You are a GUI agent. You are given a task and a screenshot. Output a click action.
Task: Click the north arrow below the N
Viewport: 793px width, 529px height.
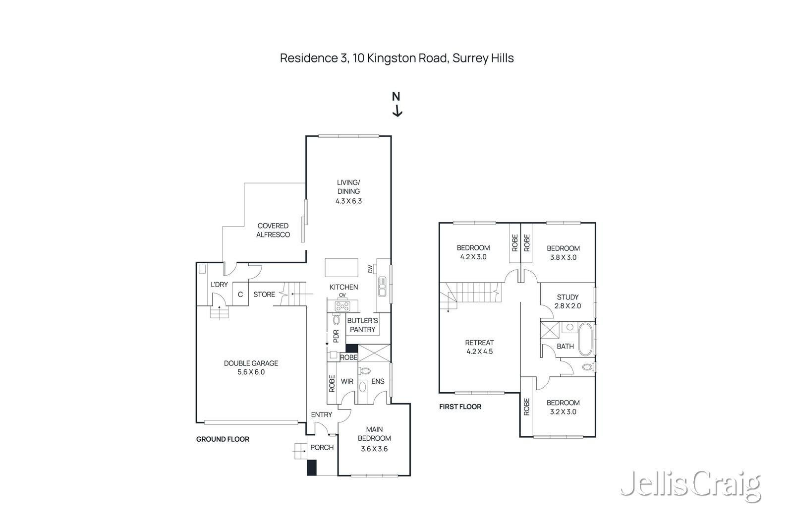396,112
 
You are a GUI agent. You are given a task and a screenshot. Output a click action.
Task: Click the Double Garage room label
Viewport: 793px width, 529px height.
251,367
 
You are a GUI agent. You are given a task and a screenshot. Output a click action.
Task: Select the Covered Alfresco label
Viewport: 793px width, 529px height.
273,230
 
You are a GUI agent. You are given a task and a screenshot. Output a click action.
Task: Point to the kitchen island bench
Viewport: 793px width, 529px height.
341,268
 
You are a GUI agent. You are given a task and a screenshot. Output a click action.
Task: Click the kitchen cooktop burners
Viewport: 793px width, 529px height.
342,306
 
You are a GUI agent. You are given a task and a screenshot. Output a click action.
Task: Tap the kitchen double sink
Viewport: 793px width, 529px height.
382,287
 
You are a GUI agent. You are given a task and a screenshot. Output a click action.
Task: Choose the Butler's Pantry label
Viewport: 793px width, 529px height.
362,325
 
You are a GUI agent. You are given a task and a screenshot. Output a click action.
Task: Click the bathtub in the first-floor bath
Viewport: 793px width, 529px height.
585,340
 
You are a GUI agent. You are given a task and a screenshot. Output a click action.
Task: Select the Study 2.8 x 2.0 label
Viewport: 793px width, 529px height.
567,301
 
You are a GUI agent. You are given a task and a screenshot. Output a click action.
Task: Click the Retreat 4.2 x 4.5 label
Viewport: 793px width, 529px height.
479,347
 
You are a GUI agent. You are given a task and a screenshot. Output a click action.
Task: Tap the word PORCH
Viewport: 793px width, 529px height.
322,447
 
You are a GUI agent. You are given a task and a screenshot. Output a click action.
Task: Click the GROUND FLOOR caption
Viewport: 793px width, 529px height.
223,439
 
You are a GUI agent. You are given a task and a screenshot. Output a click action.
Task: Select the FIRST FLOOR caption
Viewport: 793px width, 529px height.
460,407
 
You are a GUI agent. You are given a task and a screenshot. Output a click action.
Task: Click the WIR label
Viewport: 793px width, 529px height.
347,381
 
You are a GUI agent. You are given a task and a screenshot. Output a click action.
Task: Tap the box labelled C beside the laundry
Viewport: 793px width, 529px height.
240,294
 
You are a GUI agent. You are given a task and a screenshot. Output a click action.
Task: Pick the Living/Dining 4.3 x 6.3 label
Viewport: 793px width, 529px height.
348,192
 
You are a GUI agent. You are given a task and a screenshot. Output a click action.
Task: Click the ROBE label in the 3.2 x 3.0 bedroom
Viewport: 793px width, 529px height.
526,407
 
